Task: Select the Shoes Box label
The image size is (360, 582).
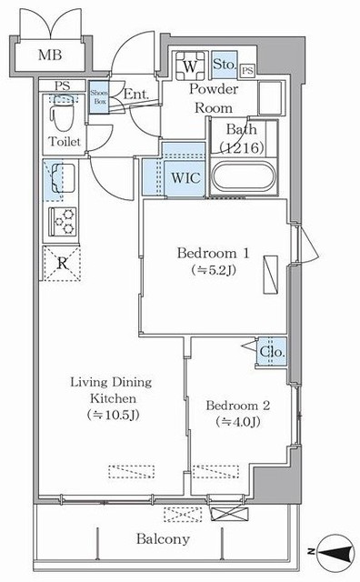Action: [99, 96]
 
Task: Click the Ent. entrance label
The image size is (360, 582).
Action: [135, 93]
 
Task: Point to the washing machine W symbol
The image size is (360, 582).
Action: [190, 66]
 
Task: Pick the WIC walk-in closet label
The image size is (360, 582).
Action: [185, 177]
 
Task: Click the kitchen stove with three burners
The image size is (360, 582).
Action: [62, 220]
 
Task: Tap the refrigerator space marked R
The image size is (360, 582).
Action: [62, 262]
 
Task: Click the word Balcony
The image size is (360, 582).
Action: [164, 539]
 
